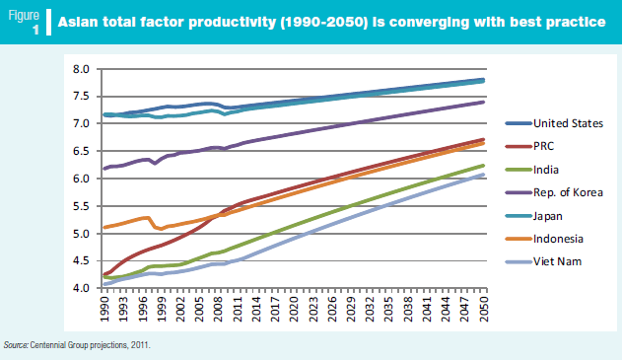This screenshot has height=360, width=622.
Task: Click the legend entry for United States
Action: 568,123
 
